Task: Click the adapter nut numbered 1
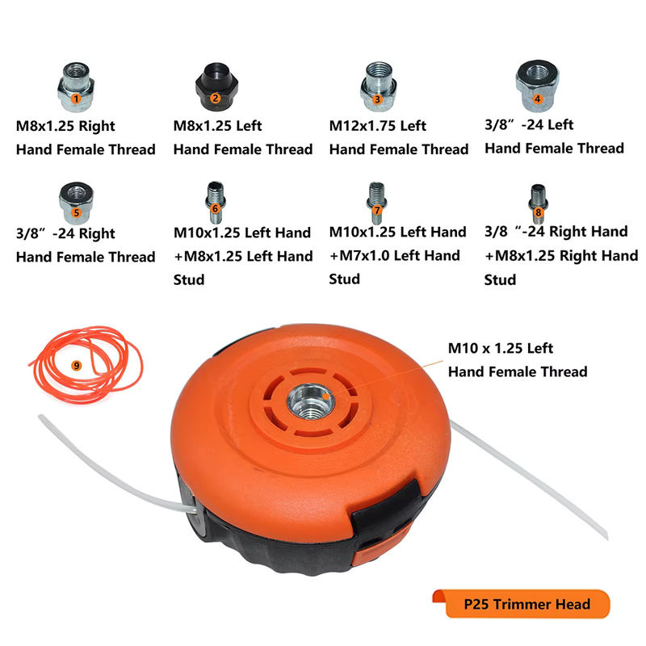[x=76, y=87]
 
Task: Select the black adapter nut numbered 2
[x=216, y=86]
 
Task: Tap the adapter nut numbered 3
[x=379, y=86]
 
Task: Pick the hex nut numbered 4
[x=537, y=86]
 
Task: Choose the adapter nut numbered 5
[x=76, y=203]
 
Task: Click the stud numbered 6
[x=216, y=203]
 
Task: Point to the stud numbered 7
[x=376, y=203]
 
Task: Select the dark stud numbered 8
[x=538, y=204]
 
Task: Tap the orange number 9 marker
[x=76, y=366]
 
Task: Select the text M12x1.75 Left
[x=377, y=126]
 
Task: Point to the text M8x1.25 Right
[x=65, y=126]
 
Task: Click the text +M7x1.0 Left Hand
[x=395, y=255]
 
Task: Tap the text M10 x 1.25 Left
[x=500, y=348]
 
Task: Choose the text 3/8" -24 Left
[x=529, y=124]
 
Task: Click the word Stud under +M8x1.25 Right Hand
[x=500, y=279]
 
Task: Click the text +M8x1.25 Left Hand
[x=243, y=256]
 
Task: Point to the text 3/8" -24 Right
[x=65, y=233]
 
